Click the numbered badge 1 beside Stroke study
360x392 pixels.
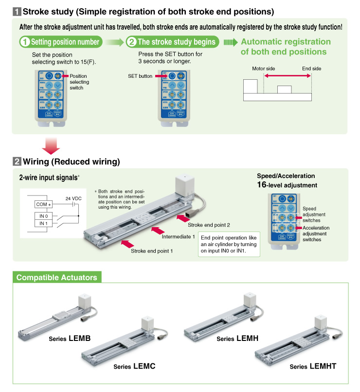tap(16, 11)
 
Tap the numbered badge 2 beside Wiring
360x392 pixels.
tap(16, 161)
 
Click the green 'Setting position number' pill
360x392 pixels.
tap(61, 42)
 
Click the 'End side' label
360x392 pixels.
tap(311, 69)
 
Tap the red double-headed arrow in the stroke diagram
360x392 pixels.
tap(287, 76)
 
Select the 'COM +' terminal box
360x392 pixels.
tap(43, 204)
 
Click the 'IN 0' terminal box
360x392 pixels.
tap(43, 215)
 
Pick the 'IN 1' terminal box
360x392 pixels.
tap(43, 223)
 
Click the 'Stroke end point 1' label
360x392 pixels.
tap(152, 251)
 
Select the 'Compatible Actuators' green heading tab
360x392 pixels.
tap(56, 278)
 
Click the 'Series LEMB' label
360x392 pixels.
tap(70, 338)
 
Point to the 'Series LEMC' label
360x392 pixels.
tap(134, 366)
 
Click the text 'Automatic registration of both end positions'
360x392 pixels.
tap(286, 47)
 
